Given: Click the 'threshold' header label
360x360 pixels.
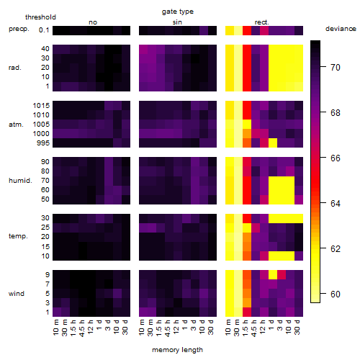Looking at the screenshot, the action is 40,17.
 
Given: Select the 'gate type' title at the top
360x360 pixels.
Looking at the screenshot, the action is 178,12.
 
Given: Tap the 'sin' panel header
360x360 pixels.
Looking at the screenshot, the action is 177,22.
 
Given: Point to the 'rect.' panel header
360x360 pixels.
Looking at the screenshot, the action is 261,22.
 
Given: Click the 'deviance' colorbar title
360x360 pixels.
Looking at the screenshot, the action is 341,29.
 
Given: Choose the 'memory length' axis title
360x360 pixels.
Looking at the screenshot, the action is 177,350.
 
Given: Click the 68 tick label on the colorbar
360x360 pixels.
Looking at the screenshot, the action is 336,113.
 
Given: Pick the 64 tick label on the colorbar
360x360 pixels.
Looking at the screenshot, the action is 336,204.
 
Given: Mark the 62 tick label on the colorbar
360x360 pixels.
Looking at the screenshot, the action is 336,249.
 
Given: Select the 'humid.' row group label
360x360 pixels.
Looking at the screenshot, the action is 20,181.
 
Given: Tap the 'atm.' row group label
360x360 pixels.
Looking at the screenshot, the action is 16,125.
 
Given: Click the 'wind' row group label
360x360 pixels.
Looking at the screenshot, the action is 17,294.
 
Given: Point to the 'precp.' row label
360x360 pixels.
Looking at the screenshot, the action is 19,29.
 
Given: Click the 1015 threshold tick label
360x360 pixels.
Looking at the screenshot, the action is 41,106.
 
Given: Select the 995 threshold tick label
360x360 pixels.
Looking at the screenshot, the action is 43,143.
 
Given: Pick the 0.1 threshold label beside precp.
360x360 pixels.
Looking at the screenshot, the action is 44,30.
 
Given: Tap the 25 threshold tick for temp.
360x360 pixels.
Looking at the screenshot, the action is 45,228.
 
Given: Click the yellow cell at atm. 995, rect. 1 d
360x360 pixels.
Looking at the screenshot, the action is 273,143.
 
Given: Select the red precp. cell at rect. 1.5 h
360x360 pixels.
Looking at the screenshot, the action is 247,31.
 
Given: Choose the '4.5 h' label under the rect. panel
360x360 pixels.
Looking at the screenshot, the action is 254,328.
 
